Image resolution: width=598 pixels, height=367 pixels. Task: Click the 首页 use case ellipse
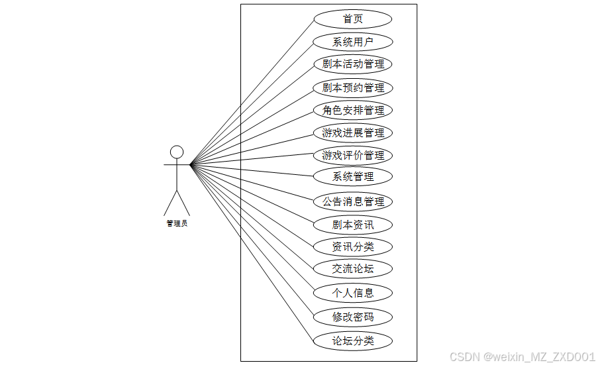[353, 19]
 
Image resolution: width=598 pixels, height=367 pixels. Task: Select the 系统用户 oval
[353, 42]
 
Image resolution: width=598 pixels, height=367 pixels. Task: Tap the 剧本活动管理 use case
[353, 64]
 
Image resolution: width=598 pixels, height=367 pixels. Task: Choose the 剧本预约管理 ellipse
[353, 87]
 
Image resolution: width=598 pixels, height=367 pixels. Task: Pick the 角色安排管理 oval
[353, 110]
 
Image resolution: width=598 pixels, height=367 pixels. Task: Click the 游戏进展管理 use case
[353, 132]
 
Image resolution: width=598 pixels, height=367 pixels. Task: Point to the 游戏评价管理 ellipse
[353, 156]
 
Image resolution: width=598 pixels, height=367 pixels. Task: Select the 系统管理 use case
[353, 177]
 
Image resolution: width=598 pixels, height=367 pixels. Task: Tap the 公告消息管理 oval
[353, 201]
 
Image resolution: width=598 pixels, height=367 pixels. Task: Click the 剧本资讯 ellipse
[353, 225]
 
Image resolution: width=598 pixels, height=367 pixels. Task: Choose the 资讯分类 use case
[353, 247]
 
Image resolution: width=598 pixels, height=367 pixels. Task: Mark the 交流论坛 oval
[353, 268]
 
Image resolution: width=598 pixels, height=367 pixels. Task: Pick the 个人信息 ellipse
[353, 292]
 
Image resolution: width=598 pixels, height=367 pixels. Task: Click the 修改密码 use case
[353, 317]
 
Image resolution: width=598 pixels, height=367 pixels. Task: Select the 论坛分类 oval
[353, 341]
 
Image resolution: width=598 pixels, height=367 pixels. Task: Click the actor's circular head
[177, 152]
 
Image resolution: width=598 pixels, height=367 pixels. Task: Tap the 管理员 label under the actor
[177, 223]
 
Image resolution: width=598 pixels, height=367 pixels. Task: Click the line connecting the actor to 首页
[252, 91]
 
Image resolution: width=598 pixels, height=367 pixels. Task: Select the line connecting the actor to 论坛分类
[252, 252]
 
